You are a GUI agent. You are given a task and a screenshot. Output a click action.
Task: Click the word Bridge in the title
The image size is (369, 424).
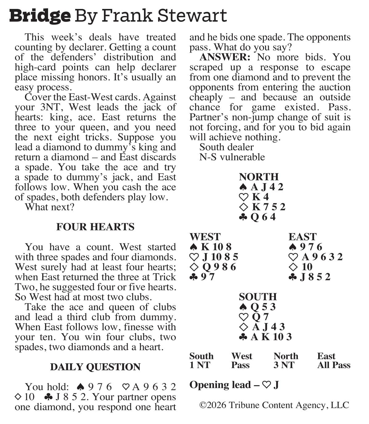[x=40, y=15]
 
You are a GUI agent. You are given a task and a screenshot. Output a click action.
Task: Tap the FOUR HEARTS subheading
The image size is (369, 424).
[x=95, y=227]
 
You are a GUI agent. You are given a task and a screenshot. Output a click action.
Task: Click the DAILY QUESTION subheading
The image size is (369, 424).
[x=95, y=367]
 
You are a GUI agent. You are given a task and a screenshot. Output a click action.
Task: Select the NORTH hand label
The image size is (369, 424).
[x=259, y=177]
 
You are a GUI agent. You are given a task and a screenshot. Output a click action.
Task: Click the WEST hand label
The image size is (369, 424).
[x=205, y=237]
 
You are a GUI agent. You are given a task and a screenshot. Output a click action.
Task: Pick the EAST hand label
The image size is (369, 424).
[x=302, y=237]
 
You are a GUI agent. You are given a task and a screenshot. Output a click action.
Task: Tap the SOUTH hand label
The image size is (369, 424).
[x=258, y=297]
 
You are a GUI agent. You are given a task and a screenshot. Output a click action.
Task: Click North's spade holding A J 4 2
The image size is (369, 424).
[x=261, y=187]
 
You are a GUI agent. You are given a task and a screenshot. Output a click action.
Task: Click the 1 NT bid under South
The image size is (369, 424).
[x=200, y=365]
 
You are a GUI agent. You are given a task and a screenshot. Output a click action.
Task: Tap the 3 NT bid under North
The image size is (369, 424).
[x=284, y=365]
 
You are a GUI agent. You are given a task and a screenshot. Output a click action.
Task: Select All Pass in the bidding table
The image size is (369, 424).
[x=334, y=365]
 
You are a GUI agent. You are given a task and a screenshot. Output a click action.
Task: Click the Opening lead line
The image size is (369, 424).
[x=234, y=385]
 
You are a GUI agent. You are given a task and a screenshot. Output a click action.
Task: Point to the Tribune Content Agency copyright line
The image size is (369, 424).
[x=274, y=405]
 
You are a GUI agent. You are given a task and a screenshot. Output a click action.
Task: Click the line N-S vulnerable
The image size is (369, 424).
[x=232, y=157]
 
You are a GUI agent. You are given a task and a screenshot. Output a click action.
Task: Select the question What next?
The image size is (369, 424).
[x=50, y=207]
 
